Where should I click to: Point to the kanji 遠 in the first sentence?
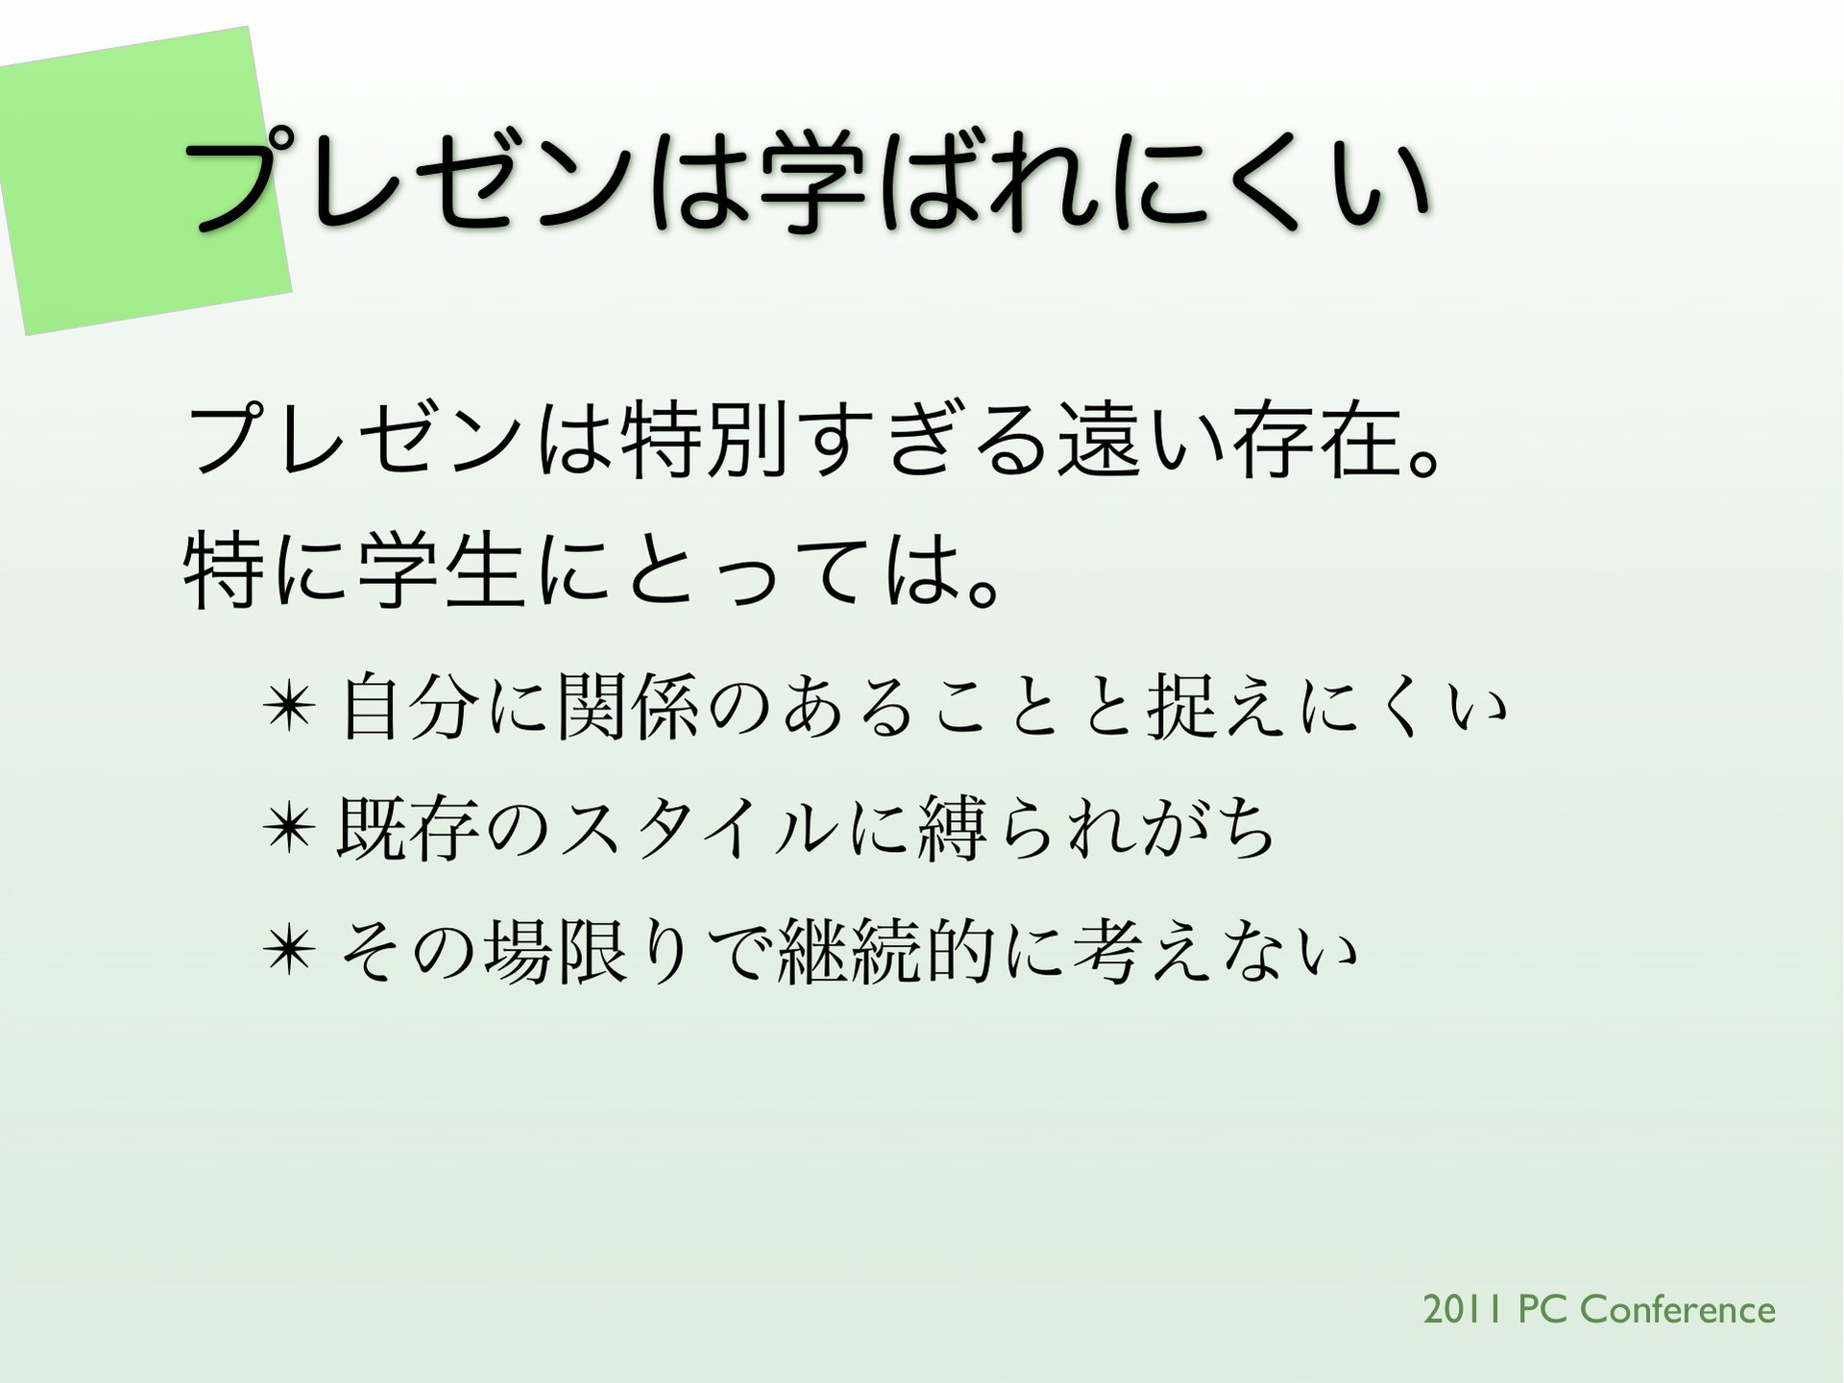1100,439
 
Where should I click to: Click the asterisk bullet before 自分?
289,709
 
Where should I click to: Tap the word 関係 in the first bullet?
629,709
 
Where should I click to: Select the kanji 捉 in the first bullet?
1182,709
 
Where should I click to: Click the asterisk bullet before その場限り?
289,951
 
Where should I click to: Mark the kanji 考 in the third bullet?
1106,951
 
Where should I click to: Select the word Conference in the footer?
1678,1310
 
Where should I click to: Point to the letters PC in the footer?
1542,1310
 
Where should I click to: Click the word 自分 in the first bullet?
409,709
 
